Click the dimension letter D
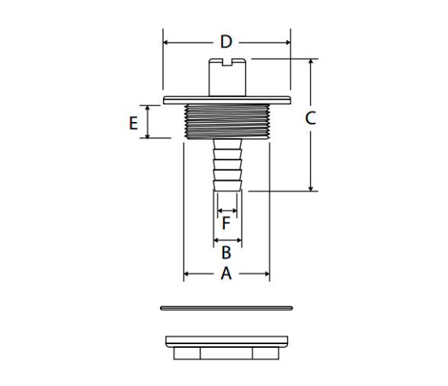[x=226, y=42]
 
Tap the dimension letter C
[x=310, y=118]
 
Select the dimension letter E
[x=133, y=124]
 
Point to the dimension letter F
[x=226, y=224]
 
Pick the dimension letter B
[x=226, y=253]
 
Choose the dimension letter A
[x=226, y=273]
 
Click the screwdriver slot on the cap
[x=227, y=63]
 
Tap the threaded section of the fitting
[x=227, y=121]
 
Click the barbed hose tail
[x=227, y=165]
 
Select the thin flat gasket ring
[x=226, y=308]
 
